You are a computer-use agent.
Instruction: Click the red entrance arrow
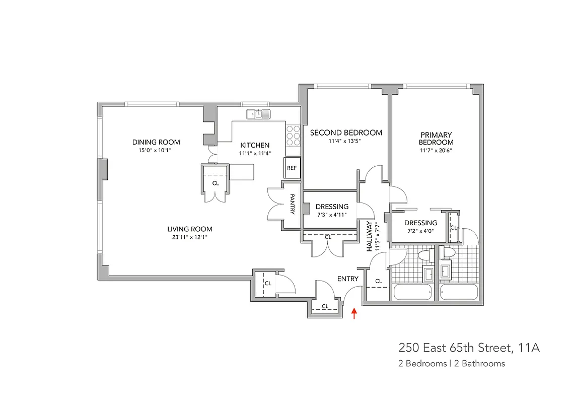(x=354, y=314)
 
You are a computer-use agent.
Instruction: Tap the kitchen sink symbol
(x=258, y=114)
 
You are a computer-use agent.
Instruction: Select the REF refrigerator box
(x=292, y=168)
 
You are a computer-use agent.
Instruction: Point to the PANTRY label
(x=292, y=205)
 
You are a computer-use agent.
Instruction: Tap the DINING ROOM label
(x=156, y=142)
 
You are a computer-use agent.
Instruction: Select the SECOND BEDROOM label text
(x=346, y=133)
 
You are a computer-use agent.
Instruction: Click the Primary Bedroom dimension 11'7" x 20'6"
(x=436, y=150)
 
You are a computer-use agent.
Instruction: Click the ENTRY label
(x=347, y=279)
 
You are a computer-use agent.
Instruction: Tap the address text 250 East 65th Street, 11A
(x=469, y=348)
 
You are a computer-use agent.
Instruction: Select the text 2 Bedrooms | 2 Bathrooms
(x=451, y=363)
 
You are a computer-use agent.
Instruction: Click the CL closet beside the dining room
(x=216, y=183)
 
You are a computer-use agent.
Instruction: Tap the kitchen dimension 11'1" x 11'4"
(x=255, y=154)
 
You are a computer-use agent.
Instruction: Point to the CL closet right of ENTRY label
(x=378, y=281)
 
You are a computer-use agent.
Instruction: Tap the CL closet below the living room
(x=268, y=284)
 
